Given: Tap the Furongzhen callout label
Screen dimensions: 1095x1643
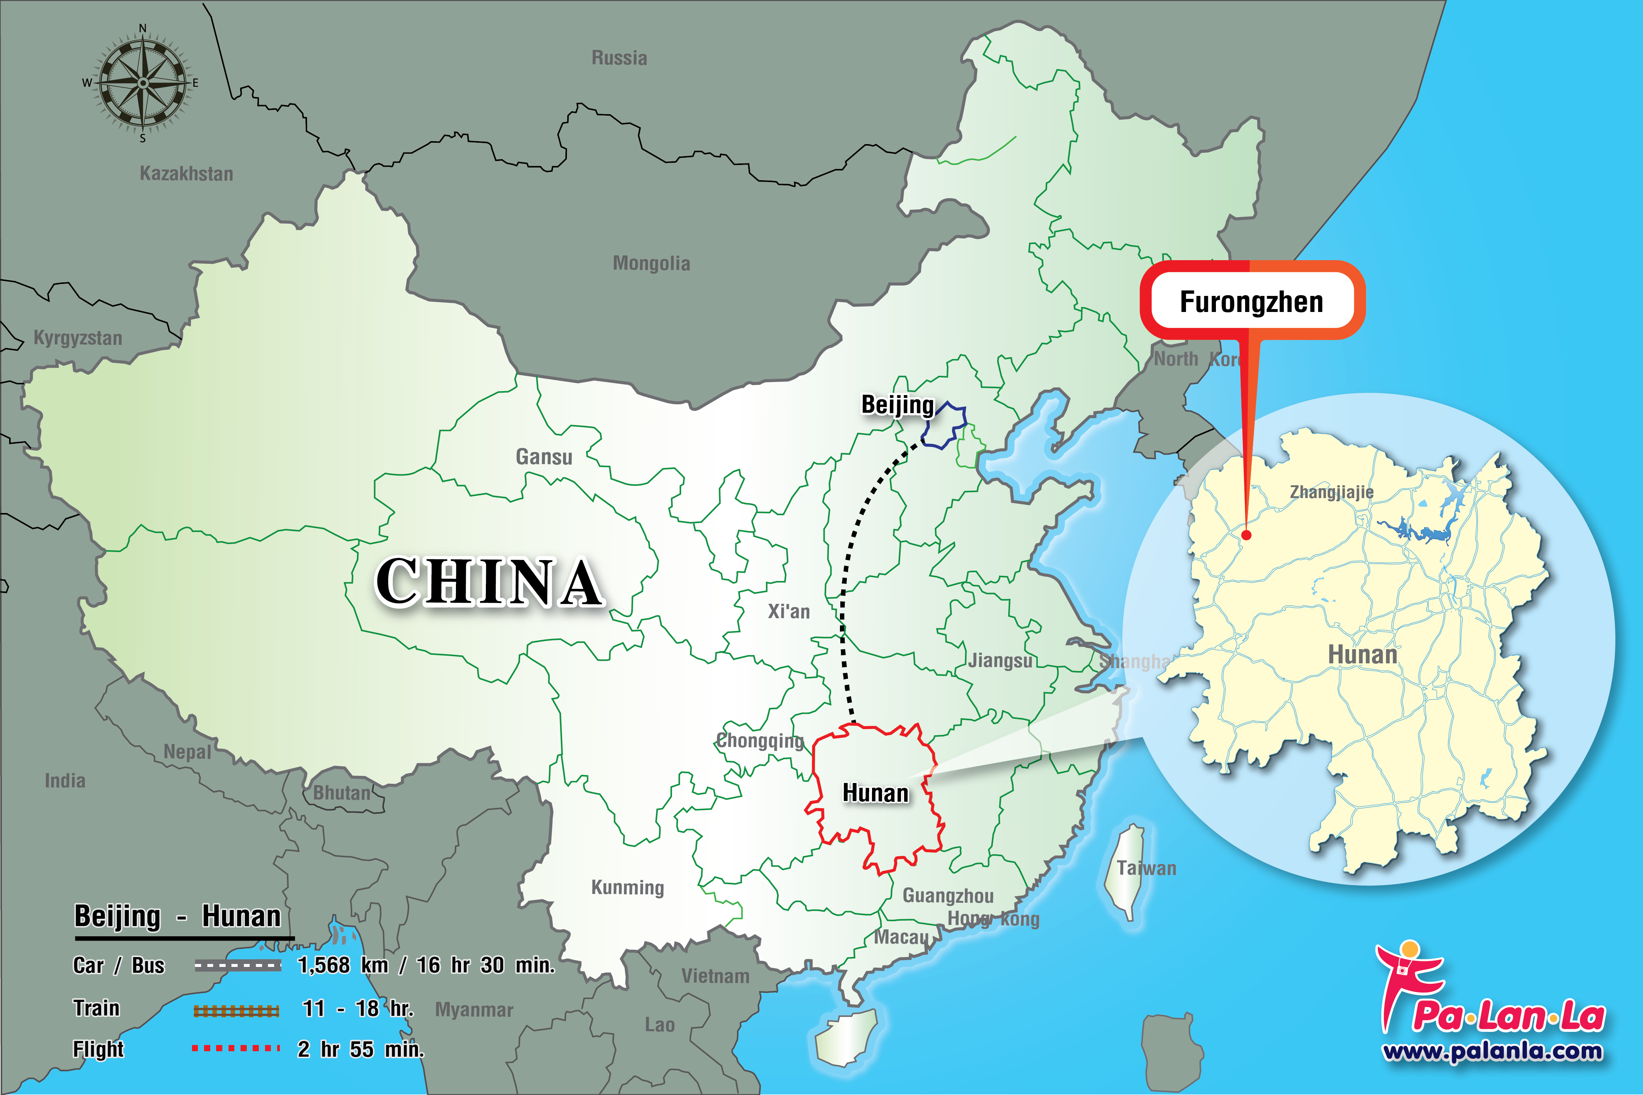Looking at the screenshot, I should click(1251, 302).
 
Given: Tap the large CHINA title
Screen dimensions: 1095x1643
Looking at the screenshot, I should click(489, 582).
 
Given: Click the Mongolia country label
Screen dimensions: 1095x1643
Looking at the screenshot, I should click(651, 263).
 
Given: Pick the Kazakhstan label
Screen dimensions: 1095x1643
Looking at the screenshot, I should click(187, 174).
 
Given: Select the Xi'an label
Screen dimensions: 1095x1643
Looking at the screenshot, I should click(789, 612).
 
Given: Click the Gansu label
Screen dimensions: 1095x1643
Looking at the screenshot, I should click(544, 457).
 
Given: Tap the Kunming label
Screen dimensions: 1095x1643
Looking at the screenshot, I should click(627, 888).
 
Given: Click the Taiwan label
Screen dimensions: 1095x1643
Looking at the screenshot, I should click(1146, 868).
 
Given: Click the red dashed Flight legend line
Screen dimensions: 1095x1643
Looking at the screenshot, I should click(236, 1048).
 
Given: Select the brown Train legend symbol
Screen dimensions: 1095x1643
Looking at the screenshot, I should click(236, 1010).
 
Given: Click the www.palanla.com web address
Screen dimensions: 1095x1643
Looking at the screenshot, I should click(1492, 1051).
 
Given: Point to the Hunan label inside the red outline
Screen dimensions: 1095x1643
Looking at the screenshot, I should click(875, 793).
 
